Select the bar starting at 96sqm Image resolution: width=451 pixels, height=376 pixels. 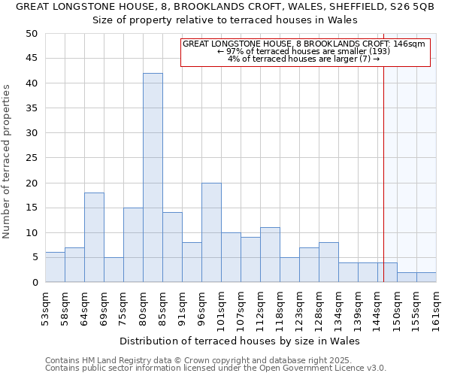[211, 232]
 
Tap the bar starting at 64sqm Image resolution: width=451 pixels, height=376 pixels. [94, 237]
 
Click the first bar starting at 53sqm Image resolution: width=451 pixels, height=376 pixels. [55, 267]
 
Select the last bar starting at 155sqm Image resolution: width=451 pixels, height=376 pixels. [426, 277]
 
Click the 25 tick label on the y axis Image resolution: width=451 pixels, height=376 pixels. [31, 158]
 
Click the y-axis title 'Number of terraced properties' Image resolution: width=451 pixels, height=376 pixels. [8, 161]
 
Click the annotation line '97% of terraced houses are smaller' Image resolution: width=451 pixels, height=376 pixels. [304, 51]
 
